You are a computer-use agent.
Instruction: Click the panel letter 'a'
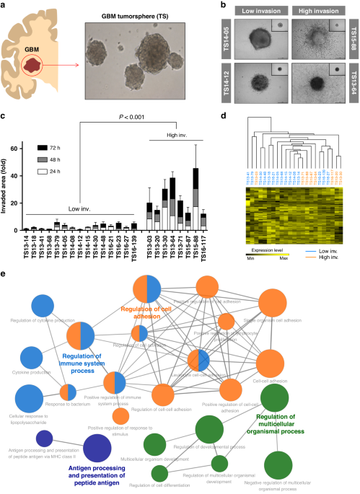tap(4, 4)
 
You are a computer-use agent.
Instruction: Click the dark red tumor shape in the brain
tap(32, 67)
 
